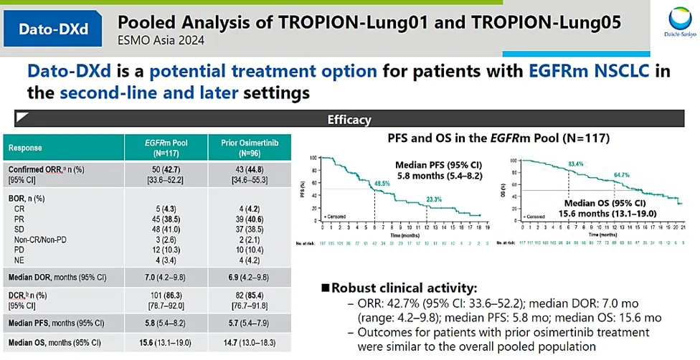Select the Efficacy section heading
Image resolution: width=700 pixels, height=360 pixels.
(349, 120)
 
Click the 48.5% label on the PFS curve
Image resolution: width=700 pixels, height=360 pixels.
(382, 184)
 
